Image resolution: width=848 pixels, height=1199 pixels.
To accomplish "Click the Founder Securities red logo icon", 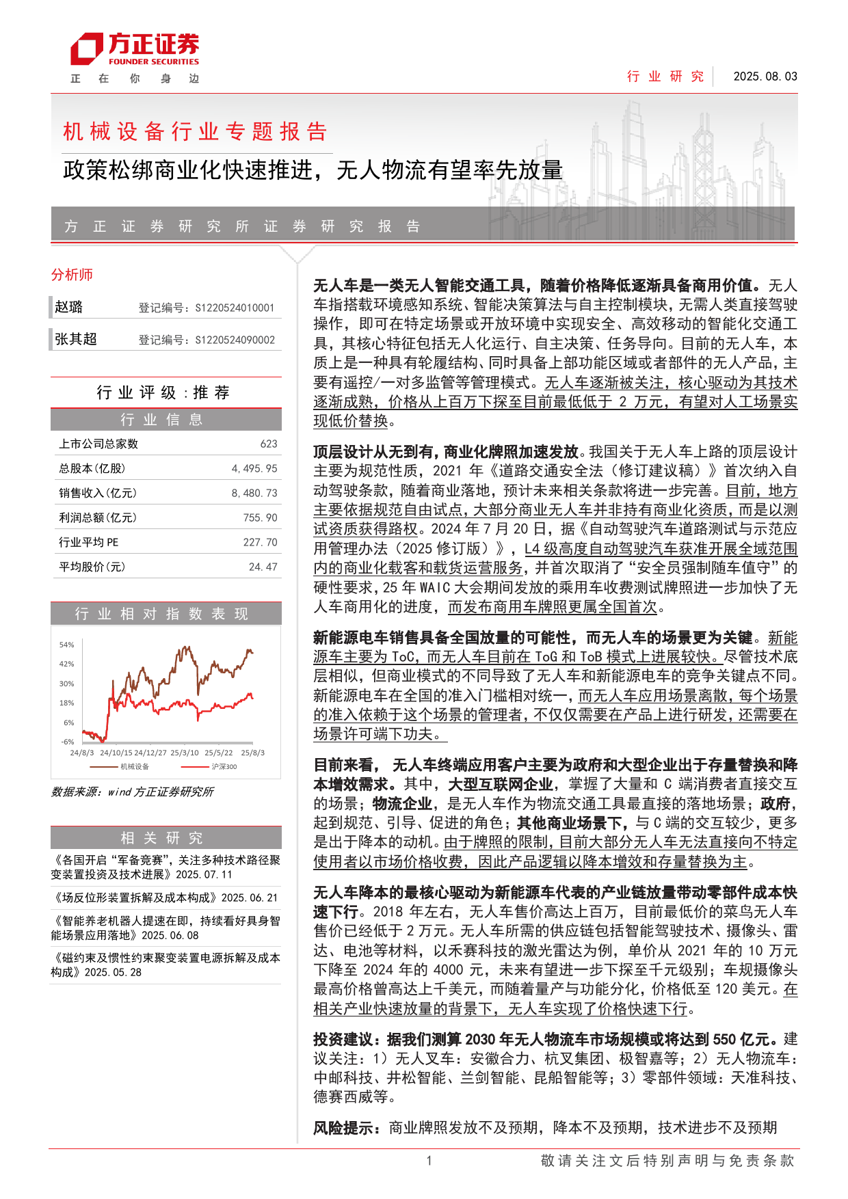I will (86, 50).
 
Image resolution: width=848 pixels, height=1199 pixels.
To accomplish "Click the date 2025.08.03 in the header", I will (765, 77).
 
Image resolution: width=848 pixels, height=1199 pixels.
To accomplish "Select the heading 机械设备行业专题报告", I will (195, 131).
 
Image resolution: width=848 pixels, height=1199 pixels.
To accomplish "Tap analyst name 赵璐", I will (69, 307).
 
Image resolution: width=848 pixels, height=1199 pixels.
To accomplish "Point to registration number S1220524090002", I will (235, 340).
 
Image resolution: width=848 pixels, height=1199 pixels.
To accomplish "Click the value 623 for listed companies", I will (269, 444).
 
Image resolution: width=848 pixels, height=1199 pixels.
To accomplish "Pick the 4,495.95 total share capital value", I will (254, 468).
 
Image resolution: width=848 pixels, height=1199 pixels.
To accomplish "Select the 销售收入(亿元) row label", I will (98, 493).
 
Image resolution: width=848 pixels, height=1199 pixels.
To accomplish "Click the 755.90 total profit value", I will (260, 517).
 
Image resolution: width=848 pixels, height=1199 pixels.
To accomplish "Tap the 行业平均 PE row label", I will (89, 542).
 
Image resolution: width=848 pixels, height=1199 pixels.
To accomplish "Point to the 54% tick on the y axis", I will (66, 645).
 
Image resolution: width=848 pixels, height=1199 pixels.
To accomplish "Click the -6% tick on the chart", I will (67, 742).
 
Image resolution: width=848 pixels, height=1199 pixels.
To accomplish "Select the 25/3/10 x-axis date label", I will (185, 753).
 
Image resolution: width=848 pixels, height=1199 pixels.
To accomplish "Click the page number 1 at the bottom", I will (429, 1160).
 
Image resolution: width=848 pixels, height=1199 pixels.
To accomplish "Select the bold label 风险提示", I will (346, 1127).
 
